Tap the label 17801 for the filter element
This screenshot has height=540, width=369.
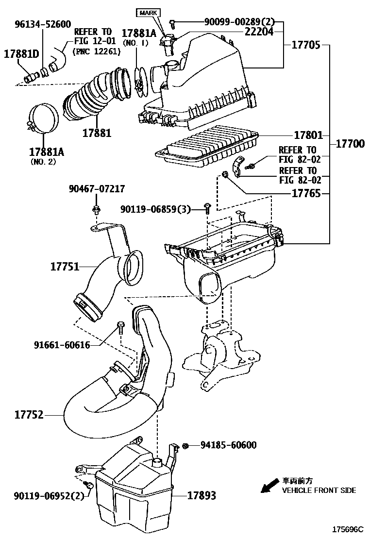click(x=308, y=135)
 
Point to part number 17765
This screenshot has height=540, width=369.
click(x=306, y=193)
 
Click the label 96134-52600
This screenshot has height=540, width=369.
click(x=35, y=24)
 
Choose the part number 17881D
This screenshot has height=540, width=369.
click(x=21, y=53)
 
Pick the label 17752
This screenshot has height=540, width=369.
click(x=29, y=415)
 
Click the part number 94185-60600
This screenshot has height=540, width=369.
click(x=228, y=445)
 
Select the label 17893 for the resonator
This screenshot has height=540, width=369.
click(x=201, y=496)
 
